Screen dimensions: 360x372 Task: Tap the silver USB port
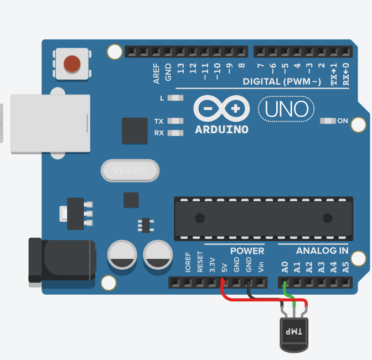pos(50,123)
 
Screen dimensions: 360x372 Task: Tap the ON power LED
pos(328,121)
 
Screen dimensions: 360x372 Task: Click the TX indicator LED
pos(175,121)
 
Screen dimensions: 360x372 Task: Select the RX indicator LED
pos(175,133)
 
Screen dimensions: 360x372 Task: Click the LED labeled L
pos(175,98)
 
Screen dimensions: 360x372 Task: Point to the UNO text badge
pos(286,109)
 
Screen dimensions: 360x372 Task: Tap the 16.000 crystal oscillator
pos(130,171)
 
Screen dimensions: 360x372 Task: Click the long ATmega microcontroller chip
pos(263,218)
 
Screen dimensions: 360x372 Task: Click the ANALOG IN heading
pos(322,251)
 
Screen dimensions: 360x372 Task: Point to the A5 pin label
pos(345,268)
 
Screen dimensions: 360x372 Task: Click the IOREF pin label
pos(188,264)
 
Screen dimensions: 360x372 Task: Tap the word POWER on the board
pos(247,251)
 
